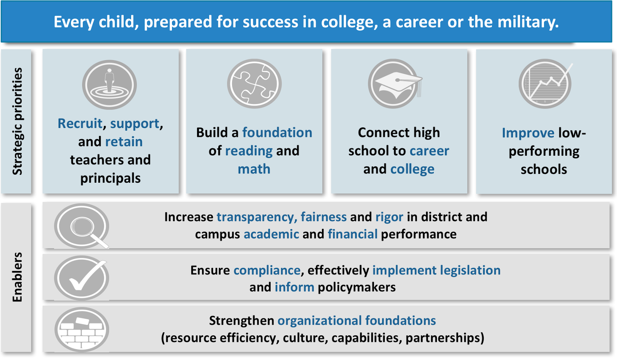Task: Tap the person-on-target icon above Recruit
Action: point(110,85)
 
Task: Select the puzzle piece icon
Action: point(254,84)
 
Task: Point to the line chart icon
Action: point(545,84)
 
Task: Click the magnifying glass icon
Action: point(82,226)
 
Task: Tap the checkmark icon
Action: point(82,278)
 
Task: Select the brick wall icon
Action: point(82,330)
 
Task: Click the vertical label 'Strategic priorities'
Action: point(17,121)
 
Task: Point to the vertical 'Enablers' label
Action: point(17,277)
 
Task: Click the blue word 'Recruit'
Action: point(80,124)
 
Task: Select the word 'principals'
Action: point(110,178)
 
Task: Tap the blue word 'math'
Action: point(254,169)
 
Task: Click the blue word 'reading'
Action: point(249,151)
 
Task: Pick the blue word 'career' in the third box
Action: point(429,151)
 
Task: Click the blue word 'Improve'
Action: point(528,133)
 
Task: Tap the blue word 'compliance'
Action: point(267,271)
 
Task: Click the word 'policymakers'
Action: point(357,288)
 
